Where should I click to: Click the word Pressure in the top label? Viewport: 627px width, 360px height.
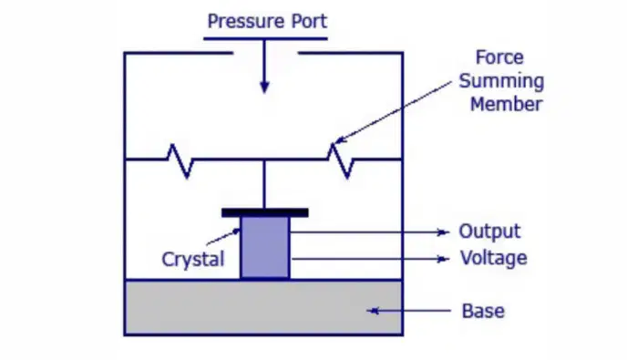(x=245, y=21)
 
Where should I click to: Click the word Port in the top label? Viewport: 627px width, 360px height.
(x=309, y=21)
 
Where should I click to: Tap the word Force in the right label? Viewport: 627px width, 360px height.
(x=499, y=57)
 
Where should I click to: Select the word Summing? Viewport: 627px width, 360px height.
(x=501, y=82)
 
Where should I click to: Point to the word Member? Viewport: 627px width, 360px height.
(x=506, y=105)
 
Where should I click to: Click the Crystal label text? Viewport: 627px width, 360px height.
(x=193, y=260)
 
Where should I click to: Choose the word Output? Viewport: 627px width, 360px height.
(x=490, y=231)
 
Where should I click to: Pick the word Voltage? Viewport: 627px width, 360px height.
(x=494, y=259)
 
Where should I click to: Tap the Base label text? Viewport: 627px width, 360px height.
(x=483, y=311)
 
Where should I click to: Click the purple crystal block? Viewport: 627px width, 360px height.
(x=265, y=247)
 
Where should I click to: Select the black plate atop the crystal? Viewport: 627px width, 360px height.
(x=265, y=212)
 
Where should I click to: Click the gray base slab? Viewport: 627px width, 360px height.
(x=263, y=307)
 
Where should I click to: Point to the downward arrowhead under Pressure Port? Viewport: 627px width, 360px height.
(x=264, y=87)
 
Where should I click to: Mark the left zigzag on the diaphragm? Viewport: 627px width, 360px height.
(x=180, y=160)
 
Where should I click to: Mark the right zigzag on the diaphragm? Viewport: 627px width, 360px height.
(x=341, y=160)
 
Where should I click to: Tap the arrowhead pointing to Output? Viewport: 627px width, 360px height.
(x=443, y=232)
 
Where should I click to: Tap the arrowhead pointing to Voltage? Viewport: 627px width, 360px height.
(x=443, y=259)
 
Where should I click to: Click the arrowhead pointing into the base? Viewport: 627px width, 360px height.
(x=373, y=311)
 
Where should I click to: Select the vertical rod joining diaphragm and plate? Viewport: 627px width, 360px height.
(x=264, y=184)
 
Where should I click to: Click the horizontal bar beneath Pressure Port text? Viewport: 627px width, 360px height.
(x=265, y=39)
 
